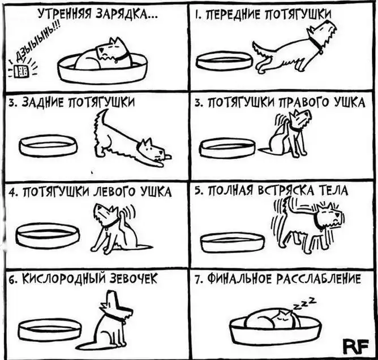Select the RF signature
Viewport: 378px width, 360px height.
coord(356,346)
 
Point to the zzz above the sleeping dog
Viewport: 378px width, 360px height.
coord(304,303)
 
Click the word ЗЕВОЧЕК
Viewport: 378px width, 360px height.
coord(134,279)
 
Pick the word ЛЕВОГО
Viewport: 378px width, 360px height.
coord(115,192)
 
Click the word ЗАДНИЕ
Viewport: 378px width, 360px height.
coord(43,103)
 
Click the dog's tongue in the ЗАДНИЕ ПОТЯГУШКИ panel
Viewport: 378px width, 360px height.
coord(167,157)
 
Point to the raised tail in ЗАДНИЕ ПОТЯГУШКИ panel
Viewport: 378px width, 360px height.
coord(100,119)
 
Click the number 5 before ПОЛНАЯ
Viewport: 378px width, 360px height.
coord(197,191)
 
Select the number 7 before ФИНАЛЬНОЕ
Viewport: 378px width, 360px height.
coord(197,280)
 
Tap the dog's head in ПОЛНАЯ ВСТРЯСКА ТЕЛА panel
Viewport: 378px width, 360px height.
coord(329,216)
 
